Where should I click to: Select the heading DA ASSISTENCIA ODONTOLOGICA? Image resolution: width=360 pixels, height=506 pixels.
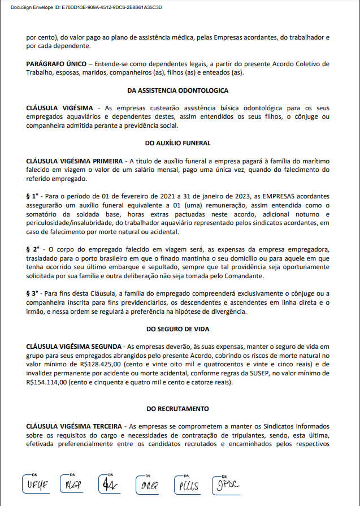point(178,90)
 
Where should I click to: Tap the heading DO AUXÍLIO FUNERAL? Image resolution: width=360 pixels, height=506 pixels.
point(178,144)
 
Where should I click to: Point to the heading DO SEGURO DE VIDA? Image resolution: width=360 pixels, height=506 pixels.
point(178,328)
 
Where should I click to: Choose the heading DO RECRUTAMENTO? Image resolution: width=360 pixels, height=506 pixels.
point(178,409)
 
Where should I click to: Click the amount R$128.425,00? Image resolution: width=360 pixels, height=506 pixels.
point(99,364)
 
